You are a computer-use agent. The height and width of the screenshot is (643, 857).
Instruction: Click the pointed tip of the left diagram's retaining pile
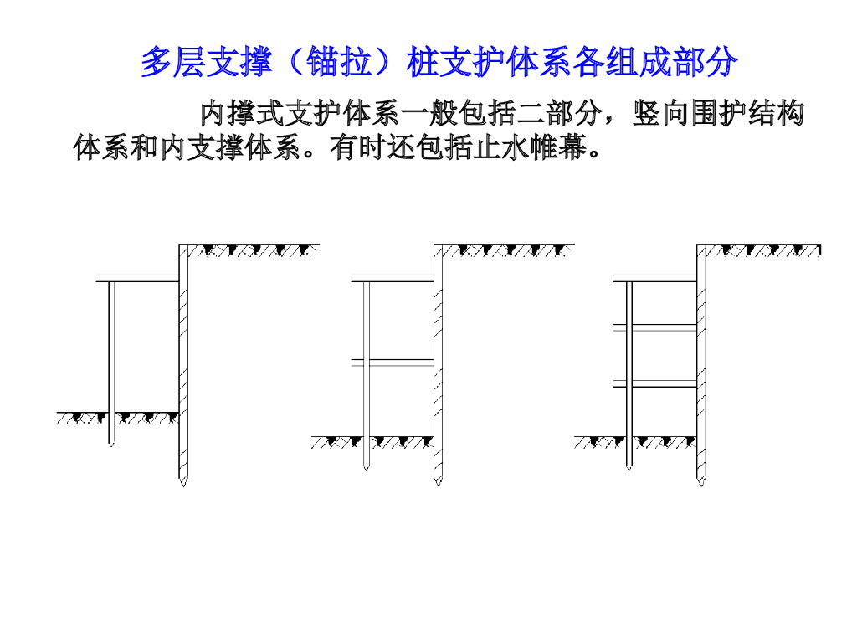click(x=183, y=484)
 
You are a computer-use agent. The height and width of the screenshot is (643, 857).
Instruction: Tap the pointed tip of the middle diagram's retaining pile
click(x=438, y=484)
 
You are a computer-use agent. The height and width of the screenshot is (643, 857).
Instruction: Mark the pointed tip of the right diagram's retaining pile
click(x=701, y=484)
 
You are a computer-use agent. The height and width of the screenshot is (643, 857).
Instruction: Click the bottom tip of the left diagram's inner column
click(x=110, y=445)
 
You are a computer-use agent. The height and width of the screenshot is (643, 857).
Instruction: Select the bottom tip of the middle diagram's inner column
click(x=366, y=468)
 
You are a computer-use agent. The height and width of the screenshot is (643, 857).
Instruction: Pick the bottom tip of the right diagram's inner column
click(x=629, y=468)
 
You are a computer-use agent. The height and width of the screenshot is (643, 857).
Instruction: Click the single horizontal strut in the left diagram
click(x=138, y=279)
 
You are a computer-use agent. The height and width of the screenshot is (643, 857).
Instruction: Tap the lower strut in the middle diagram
click(x=393, y=362)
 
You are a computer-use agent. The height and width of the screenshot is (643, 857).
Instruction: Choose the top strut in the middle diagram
click(x=393, y=279)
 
